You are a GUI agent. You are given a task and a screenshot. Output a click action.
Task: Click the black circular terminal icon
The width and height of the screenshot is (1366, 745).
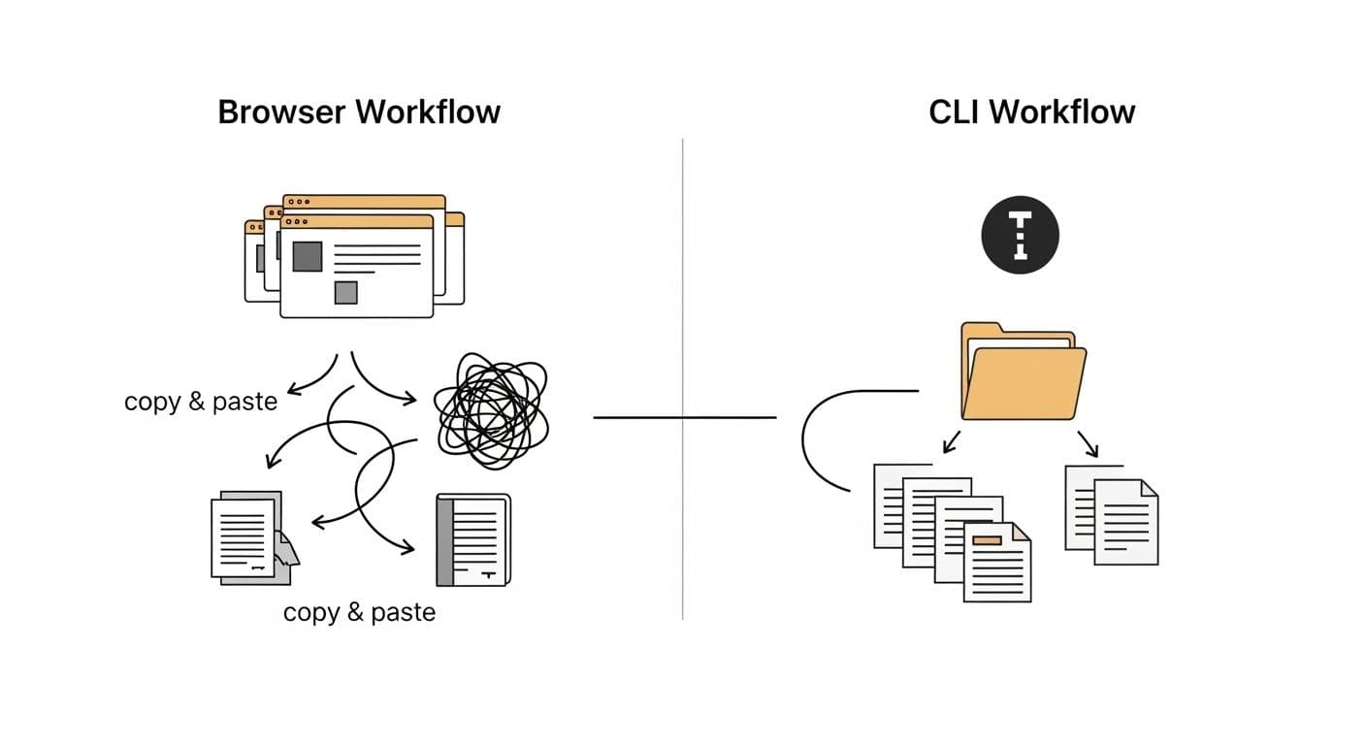pos(1020,235)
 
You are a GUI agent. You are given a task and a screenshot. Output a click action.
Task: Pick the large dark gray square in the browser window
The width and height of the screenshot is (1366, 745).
pos(307,256)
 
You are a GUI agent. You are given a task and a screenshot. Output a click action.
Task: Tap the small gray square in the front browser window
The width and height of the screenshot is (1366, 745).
pos(345,292)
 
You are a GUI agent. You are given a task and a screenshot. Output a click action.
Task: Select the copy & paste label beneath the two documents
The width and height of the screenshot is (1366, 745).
pos(359,613)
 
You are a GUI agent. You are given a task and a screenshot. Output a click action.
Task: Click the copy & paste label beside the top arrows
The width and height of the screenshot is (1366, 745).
pos(201,402)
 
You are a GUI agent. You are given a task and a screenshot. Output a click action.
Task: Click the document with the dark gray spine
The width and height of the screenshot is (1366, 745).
pos(472,540)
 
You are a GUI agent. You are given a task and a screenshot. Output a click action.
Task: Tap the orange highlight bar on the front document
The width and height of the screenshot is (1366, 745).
pos(986,540)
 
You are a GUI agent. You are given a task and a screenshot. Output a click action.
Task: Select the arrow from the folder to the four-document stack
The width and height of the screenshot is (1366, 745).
pos(951,442)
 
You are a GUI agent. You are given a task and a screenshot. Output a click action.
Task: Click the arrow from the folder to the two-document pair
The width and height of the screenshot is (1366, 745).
pos(1088,443)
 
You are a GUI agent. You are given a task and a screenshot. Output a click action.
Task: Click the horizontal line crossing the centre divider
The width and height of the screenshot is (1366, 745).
pos(683,417)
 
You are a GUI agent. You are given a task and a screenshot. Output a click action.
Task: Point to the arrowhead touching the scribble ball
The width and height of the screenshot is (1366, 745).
pos(411,398)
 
